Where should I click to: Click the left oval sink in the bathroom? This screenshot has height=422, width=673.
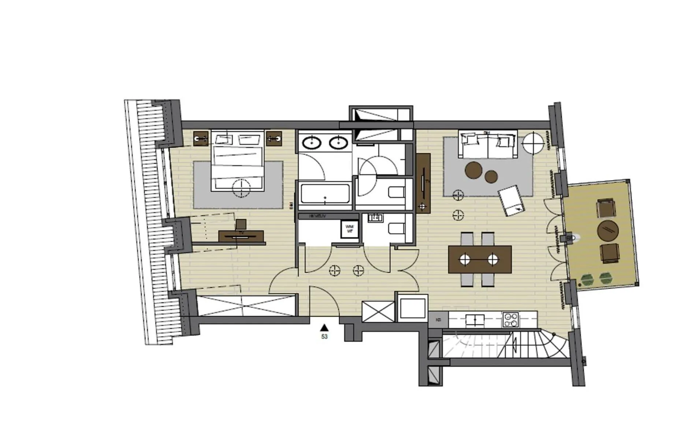tap(311, 143)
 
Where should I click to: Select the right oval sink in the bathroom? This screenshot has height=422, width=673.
tap(338, 143)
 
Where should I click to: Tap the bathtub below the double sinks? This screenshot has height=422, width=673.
tap(324, 194)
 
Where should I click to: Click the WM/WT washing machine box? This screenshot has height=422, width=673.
tap(350, 229)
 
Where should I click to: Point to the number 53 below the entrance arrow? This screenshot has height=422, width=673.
tap(324, 336)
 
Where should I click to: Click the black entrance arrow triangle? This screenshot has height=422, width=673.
tap(324, 328)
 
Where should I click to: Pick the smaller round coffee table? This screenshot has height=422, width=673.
tap(491, 177)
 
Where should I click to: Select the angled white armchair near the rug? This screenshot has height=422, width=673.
tap(511, 200)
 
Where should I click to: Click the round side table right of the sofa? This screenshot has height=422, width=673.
tap(533, 143)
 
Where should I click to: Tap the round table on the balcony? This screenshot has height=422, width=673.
tap(608, 231)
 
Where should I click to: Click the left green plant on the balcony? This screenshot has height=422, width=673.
tap(587, 279)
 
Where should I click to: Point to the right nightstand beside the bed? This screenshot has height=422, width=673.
tap(274, 139)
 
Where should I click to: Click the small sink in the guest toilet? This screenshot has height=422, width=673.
tap(375, 218)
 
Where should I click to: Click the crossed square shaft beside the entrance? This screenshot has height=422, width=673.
tap(378, 311)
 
